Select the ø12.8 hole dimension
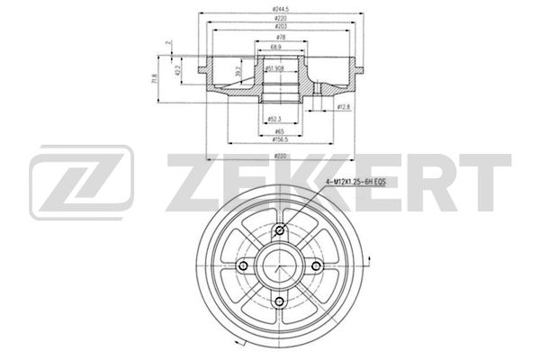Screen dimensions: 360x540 point(343,108)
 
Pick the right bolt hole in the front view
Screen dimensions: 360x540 point(315,266)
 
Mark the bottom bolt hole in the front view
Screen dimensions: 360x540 point(280,301)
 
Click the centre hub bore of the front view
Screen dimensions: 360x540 point(280,266)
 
